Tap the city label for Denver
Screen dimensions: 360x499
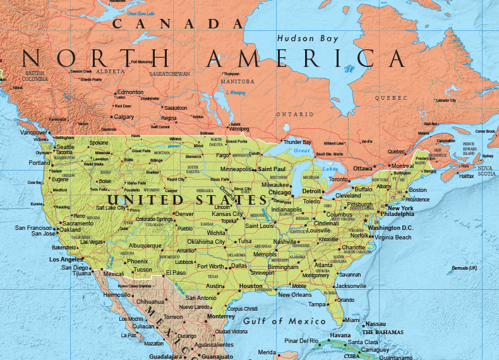pyautogui.click(x=184, y=214)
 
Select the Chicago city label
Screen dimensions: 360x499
pyautogui.click(x=279, y=193)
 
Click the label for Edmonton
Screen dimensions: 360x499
pyautogui.click(x=130, y=92)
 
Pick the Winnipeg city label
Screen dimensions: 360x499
pyautogui.click(x=239, y=129)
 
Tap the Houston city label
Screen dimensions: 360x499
pyautogui.click(x=251, y=286)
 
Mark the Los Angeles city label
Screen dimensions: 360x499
pyautogui.click(x=66, y=260)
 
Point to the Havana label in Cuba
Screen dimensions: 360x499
pyautogui.click(x=340, y=335)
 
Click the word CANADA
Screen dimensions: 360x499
pyautogui.click(x=177, y=24)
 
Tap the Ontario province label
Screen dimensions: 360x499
pyautogui.click(x=294, y=114)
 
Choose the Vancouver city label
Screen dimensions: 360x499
pyautogui.click(x=33, y=133)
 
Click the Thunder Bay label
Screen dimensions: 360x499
pyautogui.click(x=298, y=142)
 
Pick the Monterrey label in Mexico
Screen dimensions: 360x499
pyautogui.click(x=220, y=316)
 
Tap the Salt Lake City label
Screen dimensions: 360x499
pyautogui.click(x=111, y=208)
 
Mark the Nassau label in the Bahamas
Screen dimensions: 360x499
pyautogui.click(x=375, y=324)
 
